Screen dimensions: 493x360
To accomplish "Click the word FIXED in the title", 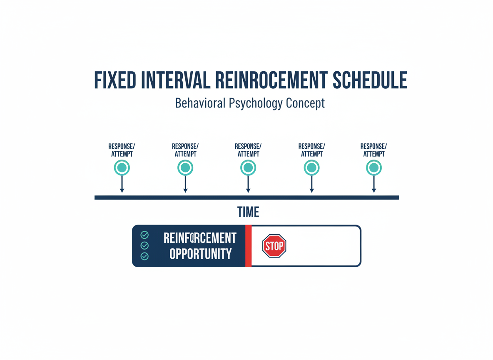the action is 115,80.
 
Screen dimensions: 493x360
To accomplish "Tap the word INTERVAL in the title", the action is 176,80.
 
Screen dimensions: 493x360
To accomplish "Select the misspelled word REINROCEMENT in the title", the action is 271,80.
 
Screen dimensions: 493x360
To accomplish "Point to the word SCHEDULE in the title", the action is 370,80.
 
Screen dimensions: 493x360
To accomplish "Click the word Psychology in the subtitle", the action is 256,103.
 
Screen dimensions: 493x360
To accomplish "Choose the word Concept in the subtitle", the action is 305,103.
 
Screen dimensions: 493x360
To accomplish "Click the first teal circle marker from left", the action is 122,168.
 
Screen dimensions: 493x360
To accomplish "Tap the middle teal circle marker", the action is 248,168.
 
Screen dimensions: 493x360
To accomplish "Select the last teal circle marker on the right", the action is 374,168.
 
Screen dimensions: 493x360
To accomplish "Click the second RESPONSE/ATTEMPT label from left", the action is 185,150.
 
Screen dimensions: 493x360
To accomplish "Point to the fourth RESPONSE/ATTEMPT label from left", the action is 311,150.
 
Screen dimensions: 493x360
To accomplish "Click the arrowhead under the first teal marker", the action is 122,190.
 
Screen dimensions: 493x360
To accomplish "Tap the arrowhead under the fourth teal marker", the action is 311,190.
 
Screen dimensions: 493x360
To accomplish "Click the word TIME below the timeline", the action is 248,212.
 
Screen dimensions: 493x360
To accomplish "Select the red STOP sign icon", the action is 274,246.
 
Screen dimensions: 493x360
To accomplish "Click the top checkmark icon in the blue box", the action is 144,235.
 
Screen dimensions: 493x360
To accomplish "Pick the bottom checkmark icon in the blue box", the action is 144,256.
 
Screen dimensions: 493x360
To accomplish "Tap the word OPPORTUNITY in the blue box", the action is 201,254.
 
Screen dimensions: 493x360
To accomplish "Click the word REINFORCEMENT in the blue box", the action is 200,238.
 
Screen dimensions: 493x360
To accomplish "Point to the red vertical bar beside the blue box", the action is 249,246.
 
